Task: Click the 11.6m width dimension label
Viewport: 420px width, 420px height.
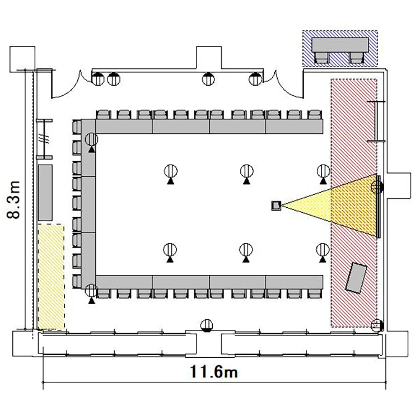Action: click(214, 372)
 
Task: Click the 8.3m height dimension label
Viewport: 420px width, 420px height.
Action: click(13, 200)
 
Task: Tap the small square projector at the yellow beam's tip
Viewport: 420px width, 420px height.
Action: click(276, 206)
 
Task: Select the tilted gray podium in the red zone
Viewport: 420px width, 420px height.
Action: click(356, 278)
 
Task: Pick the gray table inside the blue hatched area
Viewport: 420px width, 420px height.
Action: click(340, 45)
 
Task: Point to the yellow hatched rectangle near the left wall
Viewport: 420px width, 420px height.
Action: click(51, 277)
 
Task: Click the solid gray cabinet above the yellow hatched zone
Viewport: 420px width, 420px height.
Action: click(45, 193)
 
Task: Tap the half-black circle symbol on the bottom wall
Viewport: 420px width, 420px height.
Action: click(207, 326)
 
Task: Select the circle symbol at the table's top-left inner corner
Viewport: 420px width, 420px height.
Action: click(92, 139)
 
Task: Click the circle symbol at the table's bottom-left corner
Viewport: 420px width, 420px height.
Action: click(92, 290)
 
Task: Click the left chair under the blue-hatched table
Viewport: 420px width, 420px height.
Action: click(321, 58)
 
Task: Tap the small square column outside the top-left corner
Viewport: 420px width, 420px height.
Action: click(22, 59)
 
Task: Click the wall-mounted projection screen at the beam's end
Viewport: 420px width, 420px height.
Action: click(379, 207)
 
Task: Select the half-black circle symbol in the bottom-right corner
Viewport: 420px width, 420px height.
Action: click(377, 326)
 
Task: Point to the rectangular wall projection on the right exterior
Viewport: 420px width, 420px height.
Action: click(399, 185)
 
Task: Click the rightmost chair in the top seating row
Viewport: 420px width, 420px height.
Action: click(314, 114)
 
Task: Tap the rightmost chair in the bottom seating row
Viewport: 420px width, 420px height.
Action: click(314, 293)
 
